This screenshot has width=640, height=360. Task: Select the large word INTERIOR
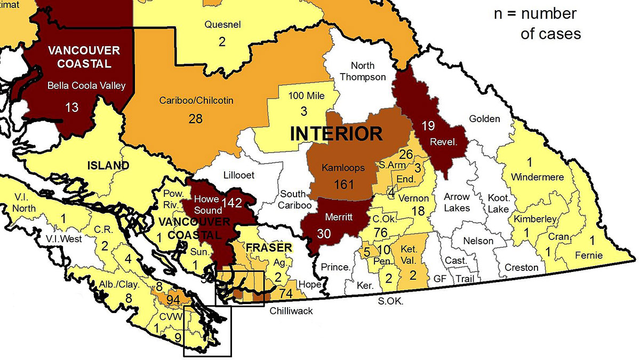(x=336, y=133)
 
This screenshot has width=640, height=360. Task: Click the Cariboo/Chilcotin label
(x=196, y=100)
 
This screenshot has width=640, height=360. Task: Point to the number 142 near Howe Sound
(x=233, y=203)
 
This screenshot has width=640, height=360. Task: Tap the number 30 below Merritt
(x=324, y=234)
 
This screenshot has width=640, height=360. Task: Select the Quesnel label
(x=222, y=25)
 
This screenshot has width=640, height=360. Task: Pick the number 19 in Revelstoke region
(x=428, y=126)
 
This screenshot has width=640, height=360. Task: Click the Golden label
(x=484, y=118)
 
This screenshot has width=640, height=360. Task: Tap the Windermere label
(x=532, y=176)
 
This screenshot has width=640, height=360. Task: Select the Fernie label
(x=588, y=255)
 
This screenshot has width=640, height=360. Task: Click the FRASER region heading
(x=269, y=247)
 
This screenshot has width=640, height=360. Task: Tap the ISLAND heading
(x=108, y=165)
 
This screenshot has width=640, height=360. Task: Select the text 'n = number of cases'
(x=537, y=23)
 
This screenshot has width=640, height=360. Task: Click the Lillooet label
(x=237, y=175)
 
